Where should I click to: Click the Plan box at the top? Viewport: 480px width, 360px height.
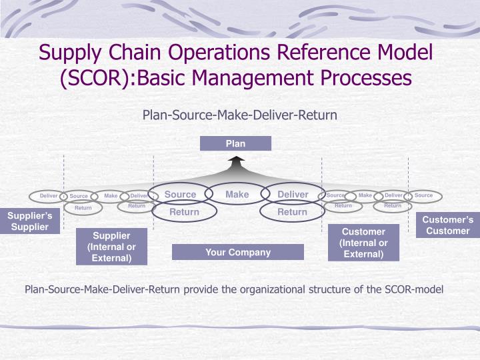(x=235, y=143)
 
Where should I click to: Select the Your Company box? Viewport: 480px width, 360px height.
(x=237, y=252)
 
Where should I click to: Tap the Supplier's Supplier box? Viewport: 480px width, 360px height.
(x=29, y=221)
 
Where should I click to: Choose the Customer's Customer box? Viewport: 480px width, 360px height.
(x=448, y=225)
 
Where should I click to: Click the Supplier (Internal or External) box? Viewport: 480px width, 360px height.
(x=111, y=247)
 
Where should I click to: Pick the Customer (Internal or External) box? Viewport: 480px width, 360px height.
(x=364, y=243)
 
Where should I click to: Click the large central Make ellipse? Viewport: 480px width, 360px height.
(x=237, y=194)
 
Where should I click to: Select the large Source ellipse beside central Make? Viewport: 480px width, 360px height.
(x=180, y=194)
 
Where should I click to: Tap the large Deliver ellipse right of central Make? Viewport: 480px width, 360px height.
(x=293, y=194)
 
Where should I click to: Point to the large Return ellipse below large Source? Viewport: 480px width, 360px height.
(x=184, y=212)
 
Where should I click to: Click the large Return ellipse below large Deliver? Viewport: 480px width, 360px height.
(x=292, y=212)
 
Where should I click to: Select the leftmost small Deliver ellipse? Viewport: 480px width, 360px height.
(x=49, y=196)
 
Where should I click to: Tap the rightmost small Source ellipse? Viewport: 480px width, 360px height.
(x=423, y=195)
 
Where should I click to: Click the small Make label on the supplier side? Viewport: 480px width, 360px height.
(x=111, y=195)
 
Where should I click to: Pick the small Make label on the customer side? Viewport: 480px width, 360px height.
(x=365, y=195)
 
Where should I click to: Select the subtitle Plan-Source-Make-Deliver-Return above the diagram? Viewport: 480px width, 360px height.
(x=240, y=115)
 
